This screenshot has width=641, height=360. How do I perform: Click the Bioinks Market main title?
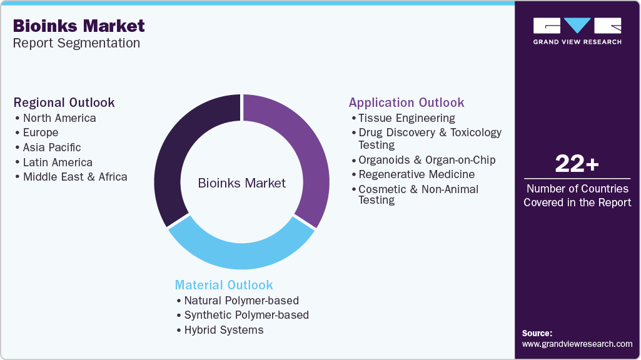(x=79, y=26)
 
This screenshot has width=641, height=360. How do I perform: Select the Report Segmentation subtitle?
(x=76, y=43)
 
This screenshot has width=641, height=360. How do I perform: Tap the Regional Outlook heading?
(x=64, y=102)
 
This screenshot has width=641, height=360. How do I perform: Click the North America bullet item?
(x=59, y=118)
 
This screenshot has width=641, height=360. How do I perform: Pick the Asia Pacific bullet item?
(x=52, y=147)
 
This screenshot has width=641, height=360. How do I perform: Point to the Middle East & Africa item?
(x=75, y=177)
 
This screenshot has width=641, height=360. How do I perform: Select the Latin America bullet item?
(x=58, y=162)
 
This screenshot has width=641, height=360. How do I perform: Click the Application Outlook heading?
(x=406, y=102)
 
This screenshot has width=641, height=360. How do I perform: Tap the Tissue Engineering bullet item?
(x=406, y=118)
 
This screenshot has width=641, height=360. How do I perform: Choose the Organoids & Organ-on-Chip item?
(x=426, y=160)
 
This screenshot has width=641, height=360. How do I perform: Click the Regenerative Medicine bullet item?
(x=416, y=174)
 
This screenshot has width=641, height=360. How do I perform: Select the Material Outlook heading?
(x=224, y=285)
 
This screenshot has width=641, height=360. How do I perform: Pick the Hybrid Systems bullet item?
(x=224, y=330)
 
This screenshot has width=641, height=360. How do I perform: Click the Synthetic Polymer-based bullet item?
(x=246, y=315)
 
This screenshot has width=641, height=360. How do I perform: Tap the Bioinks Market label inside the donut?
(x=241, y=183)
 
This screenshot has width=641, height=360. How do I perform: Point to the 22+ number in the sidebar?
(x=577, y=164)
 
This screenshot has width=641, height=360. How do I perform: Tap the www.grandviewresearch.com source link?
(x=577, y=344)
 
